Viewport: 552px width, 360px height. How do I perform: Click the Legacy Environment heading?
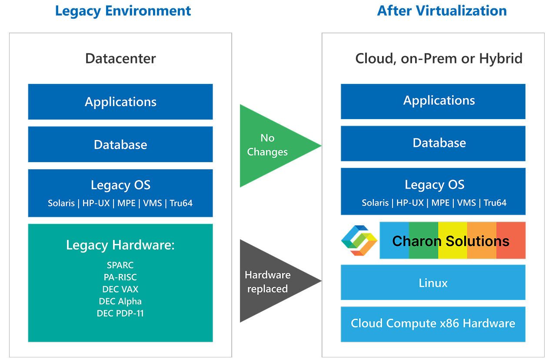click(x=123, y=11)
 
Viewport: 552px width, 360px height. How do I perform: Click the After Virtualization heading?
click(x=442, y=11)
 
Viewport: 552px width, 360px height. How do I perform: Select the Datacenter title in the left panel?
click(x=120, y=58)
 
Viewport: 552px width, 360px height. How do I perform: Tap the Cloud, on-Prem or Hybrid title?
click(x=439, y=58)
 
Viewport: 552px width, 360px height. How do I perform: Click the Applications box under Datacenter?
click(x=120, y=102)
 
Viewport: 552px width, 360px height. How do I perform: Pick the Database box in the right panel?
click(x=433, y=143)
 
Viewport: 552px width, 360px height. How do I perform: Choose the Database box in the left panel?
click(x=120, y=144)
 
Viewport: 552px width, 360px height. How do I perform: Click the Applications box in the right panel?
click(x=433, y=100)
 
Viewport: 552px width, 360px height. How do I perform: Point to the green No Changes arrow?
click(x=269, y=145)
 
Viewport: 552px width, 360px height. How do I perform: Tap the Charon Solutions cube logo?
click(x=359, y=240)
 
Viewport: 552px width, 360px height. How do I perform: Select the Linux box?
click(x=433, y=283)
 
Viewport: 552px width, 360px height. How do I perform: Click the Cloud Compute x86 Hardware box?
click(x=433, y=323)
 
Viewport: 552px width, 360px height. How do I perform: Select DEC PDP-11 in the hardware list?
click(x=120, y=313)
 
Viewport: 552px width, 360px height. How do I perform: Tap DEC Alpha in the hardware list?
click(x=120, y=301)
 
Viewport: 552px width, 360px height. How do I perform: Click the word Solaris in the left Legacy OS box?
click(x=61, y=203)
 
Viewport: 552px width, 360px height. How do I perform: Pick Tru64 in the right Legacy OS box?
click(x=495, y=203)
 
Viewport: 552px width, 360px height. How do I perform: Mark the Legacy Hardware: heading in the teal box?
click(x=120, y=245)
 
